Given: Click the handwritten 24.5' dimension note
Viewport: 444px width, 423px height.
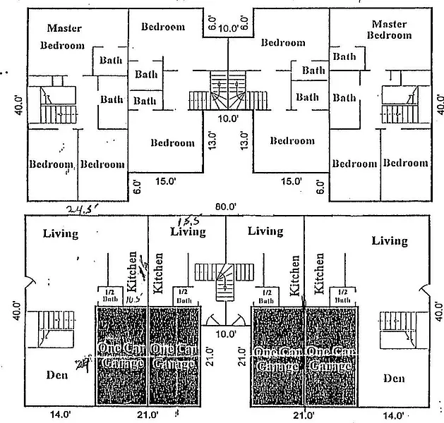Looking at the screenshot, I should point(84,209).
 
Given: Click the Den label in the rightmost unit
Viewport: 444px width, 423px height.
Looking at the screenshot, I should point(394,379).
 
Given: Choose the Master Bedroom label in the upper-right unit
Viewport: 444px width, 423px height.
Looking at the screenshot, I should point(389,30).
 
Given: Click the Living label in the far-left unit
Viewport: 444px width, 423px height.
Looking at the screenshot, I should point(61,233).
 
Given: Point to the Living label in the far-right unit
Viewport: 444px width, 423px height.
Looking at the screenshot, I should point(390,241).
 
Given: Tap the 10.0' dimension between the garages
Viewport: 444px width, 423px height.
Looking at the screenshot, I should point(226,333).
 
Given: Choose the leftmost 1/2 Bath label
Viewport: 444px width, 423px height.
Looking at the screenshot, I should point(107,294).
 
